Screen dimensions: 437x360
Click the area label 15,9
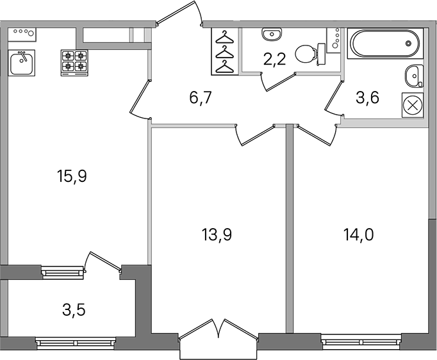pyautogui.click(x=72, y=176)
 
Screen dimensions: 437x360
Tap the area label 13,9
pyautogui.click(x=217, y=234)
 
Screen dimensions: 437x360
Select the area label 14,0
pyautogui.click(x=358, y=234)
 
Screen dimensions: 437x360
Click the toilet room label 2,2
pyautogui.click(x=274, y=60)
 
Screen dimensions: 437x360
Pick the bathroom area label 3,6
pyautogui.click(x=367, y=98)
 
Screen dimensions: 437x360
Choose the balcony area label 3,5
pyautogui.click(x=74, y=310)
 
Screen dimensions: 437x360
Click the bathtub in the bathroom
pyautogui.click(x=386, y=43)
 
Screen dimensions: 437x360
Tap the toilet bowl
pyautogui.click(x=310, y=54)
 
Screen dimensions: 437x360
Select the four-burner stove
pyautogui.click(x=74, y=63)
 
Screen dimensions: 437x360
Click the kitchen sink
pyautogui.click(x=21, y=63)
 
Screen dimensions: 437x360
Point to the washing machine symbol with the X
pyautogui.click(x=413, y=105)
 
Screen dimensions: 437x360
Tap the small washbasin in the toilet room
pyautogui.click(x=272, y=35)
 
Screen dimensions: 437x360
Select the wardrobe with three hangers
pyautogui.click(x=225, y=51)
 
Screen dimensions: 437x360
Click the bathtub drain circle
pyautogui.click(x=409, y=43)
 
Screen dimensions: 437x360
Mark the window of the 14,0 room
pyautogui.click(x=361, y=341)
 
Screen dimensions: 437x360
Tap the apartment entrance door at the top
pyautogui.click(x=179, y=13)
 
